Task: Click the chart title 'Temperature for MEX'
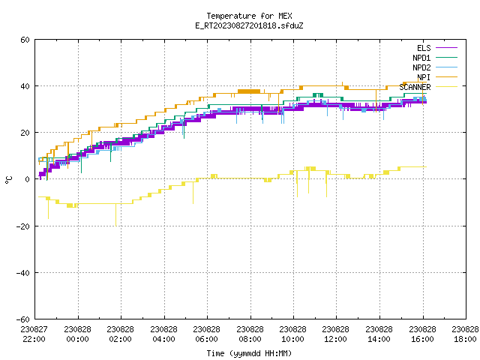coord(249,16)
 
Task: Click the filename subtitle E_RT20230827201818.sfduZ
coord(249,25)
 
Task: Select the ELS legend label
coord(424,48)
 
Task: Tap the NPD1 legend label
coord(421,58)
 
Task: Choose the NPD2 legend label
coord(421,67)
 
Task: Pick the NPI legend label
coord(424,77)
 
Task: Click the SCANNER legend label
coord(415,87)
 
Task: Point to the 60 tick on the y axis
coord(25,40)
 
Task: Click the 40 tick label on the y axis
coord(25,86)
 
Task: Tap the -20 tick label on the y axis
coord(23,226)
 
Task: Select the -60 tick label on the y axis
coord(23,319)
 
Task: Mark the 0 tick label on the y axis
coord(28,179)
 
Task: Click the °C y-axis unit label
coord(8,180)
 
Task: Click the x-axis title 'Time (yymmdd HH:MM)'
coord(249,353)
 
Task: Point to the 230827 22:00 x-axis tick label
coord(34,334)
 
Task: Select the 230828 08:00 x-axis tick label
coord(250,334)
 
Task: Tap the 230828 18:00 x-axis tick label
coord(465,334)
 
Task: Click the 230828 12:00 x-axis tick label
coord(336,334)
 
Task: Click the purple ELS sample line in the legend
coord(446,48)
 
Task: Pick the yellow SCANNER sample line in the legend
coord(446,87)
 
